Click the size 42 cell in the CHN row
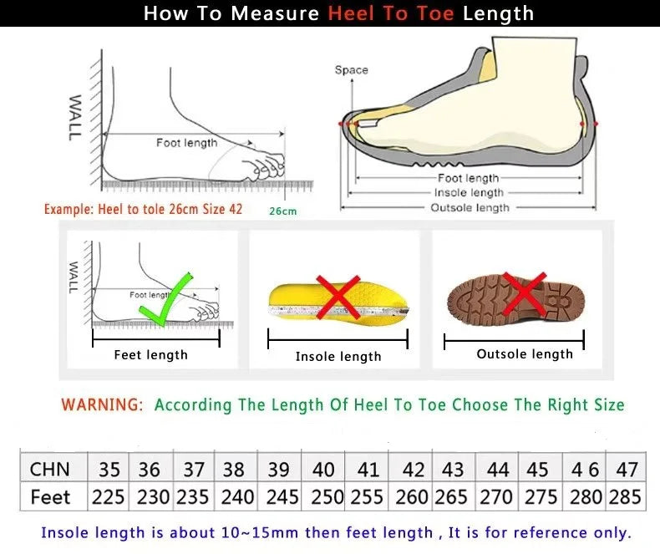[x=413, y=469]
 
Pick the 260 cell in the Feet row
[x=412, y=497]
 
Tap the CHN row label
[x=50, y=469]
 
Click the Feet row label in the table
[x=50, y=497]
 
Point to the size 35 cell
[x=109, y=469]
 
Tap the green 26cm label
[x=282, y=211]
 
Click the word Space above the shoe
[x=351, y=70]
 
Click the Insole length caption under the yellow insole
[x=338, y=357]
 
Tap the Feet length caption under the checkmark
[x=151, y=355]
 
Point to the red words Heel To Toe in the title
[x=392, y=13]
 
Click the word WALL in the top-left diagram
[x=75, y=118]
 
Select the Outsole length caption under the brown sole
[x=525, y=354]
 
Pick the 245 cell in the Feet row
[x=282, y=497]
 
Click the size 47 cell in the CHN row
[x=626, y=469]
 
